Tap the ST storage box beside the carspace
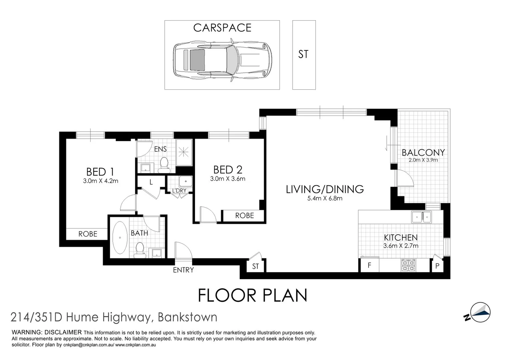304,54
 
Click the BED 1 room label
100,172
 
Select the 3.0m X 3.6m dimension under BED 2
228,179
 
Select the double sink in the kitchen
422,217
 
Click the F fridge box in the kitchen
369,266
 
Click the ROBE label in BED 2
244,216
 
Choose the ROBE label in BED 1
88,234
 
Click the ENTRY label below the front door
183,270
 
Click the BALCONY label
423,152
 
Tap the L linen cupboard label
151,182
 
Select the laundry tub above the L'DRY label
185,181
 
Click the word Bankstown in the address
187,317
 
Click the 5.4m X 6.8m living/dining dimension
325,198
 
